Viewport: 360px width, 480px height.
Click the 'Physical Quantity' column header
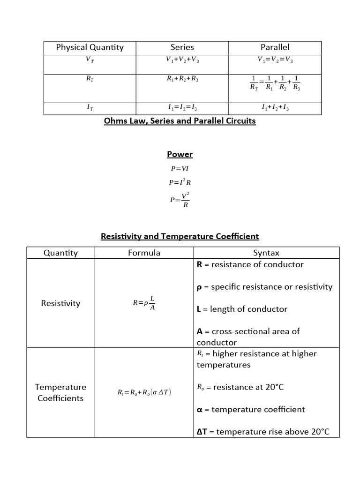(90, 47)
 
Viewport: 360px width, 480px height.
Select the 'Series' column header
(182, 47)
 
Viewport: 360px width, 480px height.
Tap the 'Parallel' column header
(275, 47)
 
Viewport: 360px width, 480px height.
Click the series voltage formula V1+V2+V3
(182, 60)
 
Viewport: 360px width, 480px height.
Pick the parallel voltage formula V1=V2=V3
(275, 60)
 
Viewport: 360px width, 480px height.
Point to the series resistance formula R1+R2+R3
(182, 79)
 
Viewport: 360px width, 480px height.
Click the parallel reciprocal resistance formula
(276, 82)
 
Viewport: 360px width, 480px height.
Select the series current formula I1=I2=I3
(182, 108)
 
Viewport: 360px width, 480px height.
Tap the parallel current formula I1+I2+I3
(275, 108)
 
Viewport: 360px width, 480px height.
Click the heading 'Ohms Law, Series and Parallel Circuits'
(180, 121)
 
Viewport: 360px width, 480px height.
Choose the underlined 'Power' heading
(180, 154)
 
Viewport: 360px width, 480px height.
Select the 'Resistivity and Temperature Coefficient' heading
(180, 237)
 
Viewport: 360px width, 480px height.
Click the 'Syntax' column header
(266, 253)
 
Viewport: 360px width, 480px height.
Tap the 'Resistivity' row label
(60, 303)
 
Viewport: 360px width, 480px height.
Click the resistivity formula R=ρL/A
(144, 303)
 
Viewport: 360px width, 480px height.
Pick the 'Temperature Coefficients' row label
(60, 393)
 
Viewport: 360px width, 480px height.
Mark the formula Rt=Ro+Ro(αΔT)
(144, 392)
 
